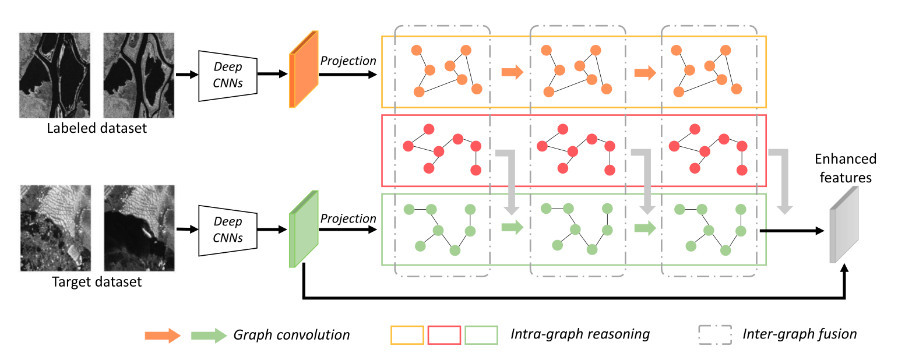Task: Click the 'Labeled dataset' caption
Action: pos(97,128)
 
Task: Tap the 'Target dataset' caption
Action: pos(97,282)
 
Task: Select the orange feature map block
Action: pos(304,69)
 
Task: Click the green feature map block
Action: pos(304,228)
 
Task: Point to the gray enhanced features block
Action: pos(844,225)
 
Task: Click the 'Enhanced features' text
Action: pos(846,168)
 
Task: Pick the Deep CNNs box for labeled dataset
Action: pos(228,76)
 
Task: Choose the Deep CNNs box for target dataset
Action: pos(228,231)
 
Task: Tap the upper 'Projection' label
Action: pos(348,61)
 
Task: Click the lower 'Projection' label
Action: pos(348,218)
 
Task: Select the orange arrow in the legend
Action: pos(163,336)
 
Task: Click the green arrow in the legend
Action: pos(209,336)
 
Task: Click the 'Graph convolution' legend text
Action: pos(291,335)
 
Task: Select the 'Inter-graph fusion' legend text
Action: pos(800,334)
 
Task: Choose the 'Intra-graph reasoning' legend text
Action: pos(580,334)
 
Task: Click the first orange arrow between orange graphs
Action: pos(512,72)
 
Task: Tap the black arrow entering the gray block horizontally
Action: pos(792,231)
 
